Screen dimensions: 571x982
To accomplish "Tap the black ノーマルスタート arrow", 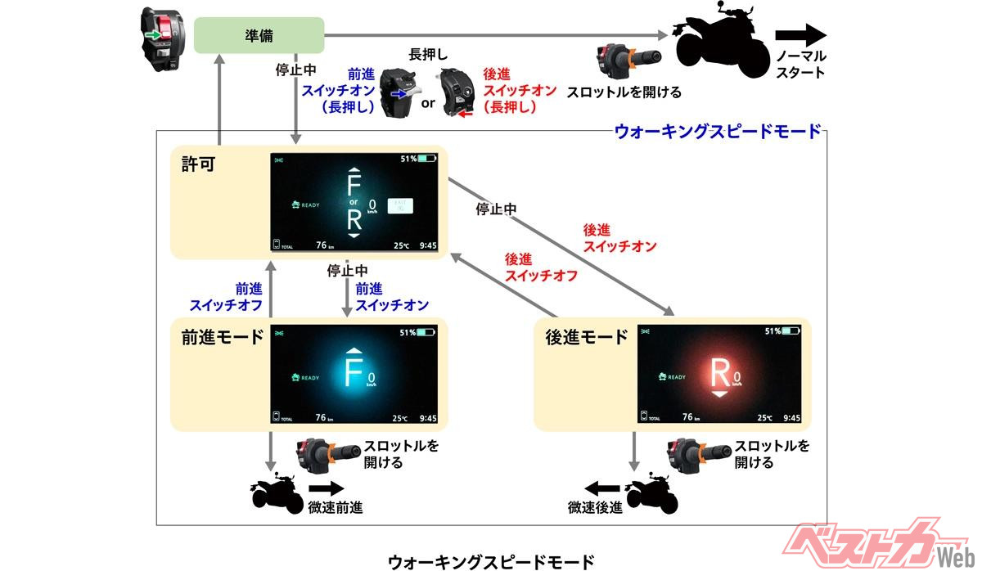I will click(x=801, y=35).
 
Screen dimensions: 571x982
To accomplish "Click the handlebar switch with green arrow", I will click(x=164, y=36).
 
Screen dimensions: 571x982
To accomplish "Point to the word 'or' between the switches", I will click(x=428, y=104).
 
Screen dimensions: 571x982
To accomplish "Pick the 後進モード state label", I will click(x=586, y=337).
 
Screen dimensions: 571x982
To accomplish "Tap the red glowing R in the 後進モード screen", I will click(x=719, y=373).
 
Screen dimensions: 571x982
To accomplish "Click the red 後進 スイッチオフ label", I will click(x=541, y=268).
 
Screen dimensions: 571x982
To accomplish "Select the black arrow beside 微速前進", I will click(x=326, y=488).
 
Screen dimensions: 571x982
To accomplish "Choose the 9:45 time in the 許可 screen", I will click(x=426, y=244).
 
